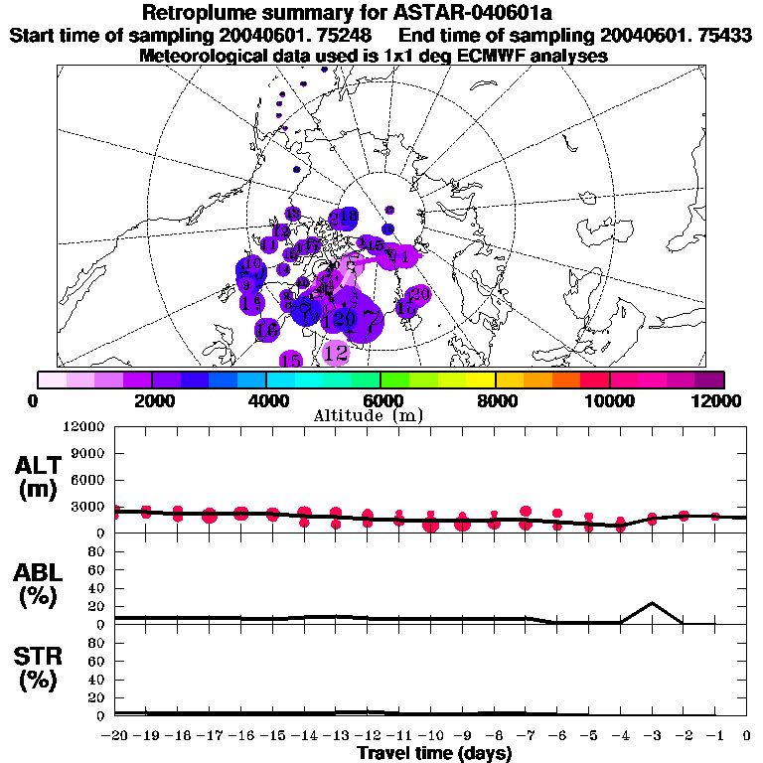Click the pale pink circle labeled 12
337,353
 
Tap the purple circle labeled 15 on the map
290,360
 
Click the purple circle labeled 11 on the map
268,244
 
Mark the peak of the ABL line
652,603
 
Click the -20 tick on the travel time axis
115,736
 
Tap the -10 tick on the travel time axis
430,736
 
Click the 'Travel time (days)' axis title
434,753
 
